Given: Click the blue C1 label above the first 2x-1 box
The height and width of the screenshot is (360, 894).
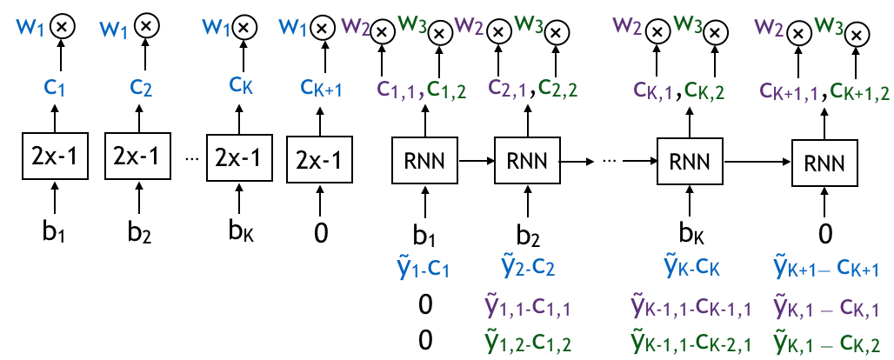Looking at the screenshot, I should pos(54,88).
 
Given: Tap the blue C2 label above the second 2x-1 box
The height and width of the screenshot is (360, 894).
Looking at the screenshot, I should pos(141,88).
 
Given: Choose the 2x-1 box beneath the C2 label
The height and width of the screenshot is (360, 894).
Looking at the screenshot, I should pos(137,156).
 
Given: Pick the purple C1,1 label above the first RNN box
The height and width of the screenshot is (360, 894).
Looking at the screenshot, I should pos(397,89).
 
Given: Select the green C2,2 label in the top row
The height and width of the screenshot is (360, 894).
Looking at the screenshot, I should pos(557,88).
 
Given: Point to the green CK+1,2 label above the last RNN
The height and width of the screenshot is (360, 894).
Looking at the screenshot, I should pos(859,90).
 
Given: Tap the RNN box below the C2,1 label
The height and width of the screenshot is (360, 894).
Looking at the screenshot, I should pos(527,161).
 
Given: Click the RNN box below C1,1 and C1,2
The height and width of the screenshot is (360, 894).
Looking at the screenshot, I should pos(425,161).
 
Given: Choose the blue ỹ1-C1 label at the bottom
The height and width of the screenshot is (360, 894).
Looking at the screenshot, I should pos(423,267).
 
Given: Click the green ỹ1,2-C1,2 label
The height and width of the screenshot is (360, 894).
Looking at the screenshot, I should pos(527,342).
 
